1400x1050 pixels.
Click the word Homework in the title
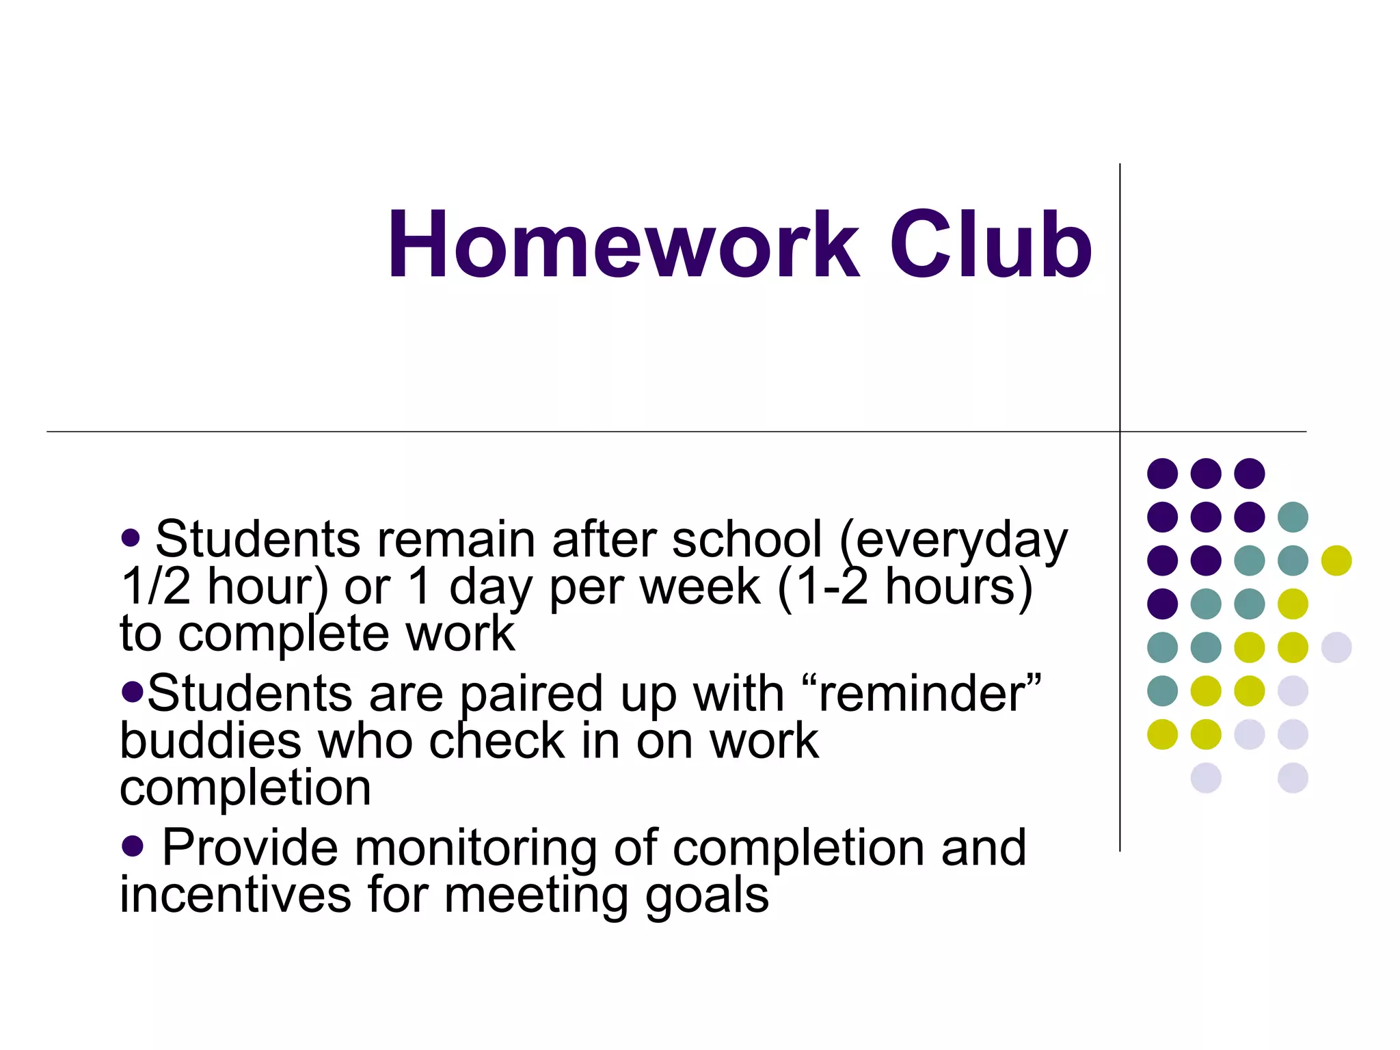coord(623,245)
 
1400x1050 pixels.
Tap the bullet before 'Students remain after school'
coord(131,537)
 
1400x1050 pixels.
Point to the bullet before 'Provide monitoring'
coord(132,846)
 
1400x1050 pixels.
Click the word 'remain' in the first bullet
coord(456,540)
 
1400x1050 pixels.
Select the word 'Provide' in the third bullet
coord(250,848)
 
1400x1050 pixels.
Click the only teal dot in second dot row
coord(1293,517)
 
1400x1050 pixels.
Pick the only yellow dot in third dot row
coord(1336,561)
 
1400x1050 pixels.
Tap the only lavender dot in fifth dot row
coord(1336,647)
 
